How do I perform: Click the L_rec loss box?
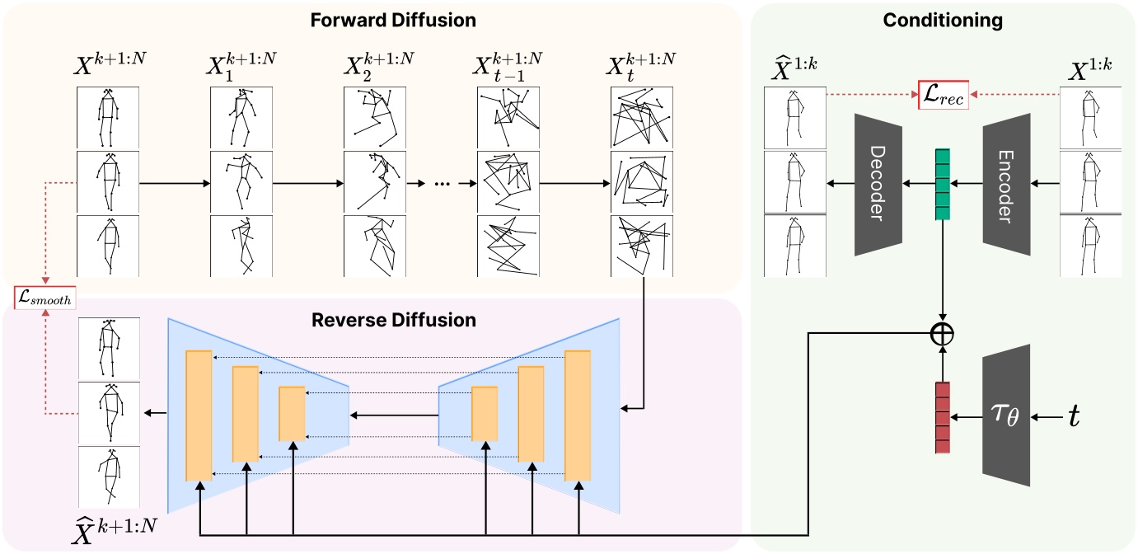944,96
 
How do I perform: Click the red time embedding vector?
943,416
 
